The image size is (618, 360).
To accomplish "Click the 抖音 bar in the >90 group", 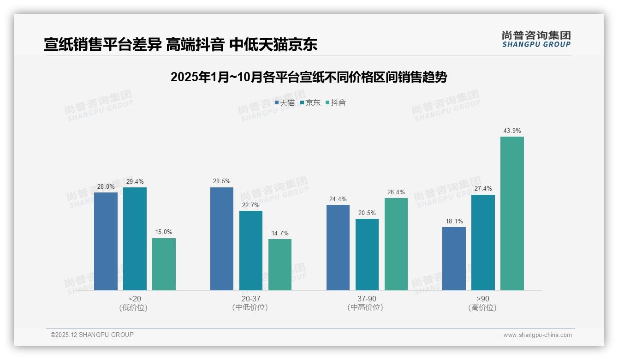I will tap(512, 213).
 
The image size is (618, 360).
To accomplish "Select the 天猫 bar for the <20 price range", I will tap(106, 241).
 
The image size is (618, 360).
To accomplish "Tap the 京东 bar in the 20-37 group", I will tap(251, 251).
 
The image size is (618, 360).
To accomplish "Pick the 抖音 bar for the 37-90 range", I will tap(396, 244).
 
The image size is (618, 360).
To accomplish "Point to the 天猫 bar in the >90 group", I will tap(454, 258).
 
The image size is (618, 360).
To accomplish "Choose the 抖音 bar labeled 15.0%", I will tap(164, 264).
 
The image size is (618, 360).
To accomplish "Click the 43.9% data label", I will tap(512, 131).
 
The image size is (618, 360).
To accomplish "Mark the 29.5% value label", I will tap(222, 181).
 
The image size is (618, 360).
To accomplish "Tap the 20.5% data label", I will tap(367, 213).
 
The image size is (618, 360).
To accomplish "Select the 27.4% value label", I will tap(483, 189).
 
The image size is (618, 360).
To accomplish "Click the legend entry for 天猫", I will tap(285, 103).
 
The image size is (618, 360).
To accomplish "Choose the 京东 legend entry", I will tap(310, 103).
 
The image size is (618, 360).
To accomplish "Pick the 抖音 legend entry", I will tap(336, 103).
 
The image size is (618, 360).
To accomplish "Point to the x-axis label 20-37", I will tap(250, 299).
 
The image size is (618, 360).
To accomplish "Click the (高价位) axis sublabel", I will tap(482, 308).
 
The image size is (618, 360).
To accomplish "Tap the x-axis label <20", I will tap(135, 299).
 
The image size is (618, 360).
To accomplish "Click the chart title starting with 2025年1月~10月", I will tap(309, 77).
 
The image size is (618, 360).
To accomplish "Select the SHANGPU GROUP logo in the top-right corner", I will tap(536, 39).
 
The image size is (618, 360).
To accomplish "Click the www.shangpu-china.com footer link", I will tap(537, 335).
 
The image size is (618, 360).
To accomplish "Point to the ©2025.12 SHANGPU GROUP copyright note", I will tap(92, 335).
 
